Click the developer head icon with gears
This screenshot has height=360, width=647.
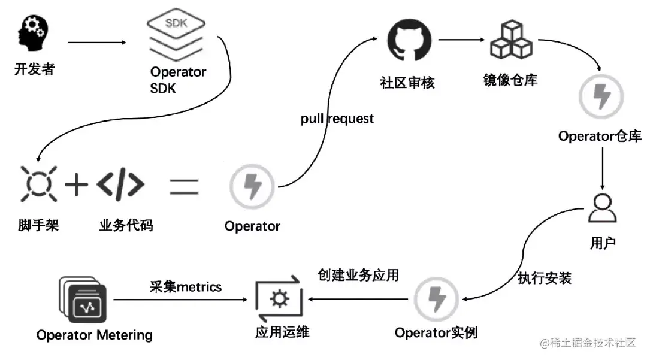click(34, 34)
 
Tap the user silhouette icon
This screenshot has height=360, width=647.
click(601, 208)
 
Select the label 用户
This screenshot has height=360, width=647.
click(602, 243)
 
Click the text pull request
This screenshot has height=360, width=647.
click(337, 119)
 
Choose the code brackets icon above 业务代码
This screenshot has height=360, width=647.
click(120, 185)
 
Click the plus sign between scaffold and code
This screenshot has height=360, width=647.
click(76, 185)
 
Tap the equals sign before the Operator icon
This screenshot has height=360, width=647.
click(184, 185)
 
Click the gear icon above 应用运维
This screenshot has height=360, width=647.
click(279, 298)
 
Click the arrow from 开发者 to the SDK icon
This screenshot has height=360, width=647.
click(97, 43)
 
